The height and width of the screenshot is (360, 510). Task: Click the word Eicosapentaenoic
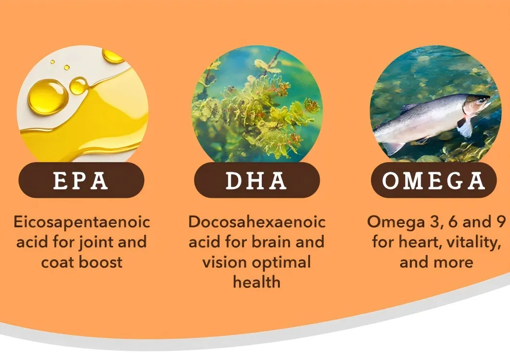[x=82, y=222]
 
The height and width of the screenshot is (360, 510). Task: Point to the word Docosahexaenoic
[x=256, y=222]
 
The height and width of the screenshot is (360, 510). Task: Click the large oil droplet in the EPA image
[x=48, y=96]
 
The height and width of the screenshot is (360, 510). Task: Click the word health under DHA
[x=256, y=282]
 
